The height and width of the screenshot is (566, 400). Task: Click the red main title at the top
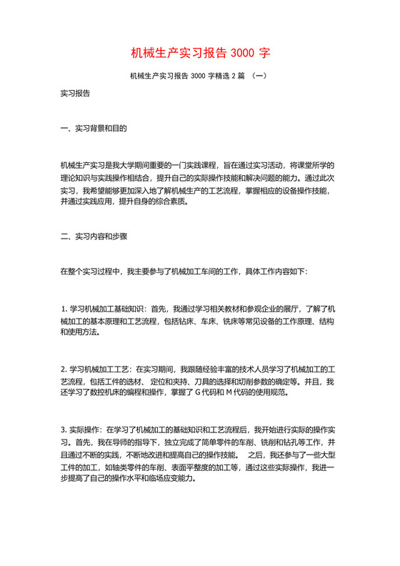(x=200, y=53)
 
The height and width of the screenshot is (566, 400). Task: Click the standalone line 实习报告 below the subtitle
(x=75, y=93)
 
